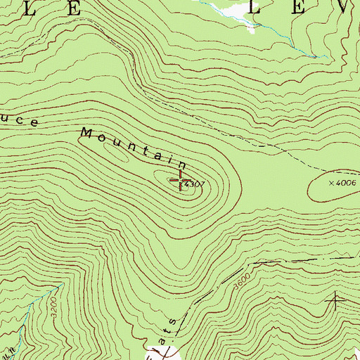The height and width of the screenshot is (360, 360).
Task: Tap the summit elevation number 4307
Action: point(197,184)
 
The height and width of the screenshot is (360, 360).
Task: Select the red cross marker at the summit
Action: point(181,181)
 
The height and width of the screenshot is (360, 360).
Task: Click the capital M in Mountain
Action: point(87,132)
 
